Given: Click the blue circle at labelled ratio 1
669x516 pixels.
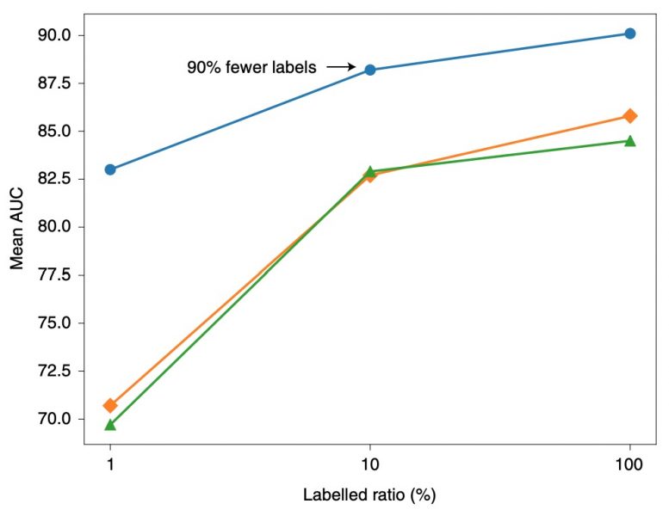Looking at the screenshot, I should [x=110, y=169].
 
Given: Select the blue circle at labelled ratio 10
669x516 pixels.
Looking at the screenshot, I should [x=370, y=70].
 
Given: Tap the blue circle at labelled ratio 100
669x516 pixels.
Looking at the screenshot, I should [x=630, y=34].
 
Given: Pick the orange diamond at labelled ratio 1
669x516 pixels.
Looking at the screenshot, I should [x=110, y=405].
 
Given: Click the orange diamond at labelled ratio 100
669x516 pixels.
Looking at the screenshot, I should [x=630, y=115].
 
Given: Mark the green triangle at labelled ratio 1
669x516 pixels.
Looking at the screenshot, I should [x=110, y=424].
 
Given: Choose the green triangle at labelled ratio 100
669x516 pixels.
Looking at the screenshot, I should [x=630, y=140].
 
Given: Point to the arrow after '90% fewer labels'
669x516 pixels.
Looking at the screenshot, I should [x=342, y=66].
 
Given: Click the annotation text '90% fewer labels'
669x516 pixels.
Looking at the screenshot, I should [x=251, y=66].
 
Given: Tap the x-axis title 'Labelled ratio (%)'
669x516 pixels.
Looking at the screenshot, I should [x=370, y=495].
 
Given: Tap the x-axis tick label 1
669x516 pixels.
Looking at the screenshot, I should [x=110, y=464].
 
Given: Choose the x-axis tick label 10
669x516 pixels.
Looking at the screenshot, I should [x=370, y=464].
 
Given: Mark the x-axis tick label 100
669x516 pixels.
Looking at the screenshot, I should [x=630, y=464].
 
